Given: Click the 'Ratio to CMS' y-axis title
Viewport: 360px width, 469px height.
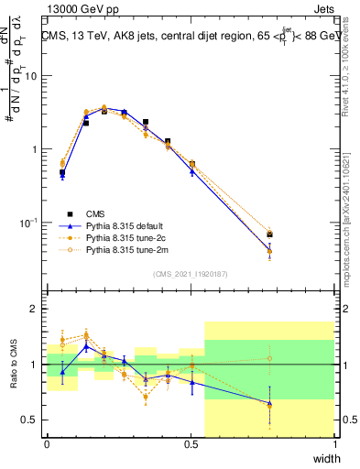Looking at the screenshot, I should coord(12,366).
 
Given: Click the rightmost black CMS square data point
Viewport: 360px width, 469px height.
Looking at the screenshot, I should coord(269,234).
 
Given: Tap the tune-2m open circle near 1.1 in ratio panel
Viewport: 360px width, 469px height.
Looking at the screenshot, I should coord(269,358).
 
